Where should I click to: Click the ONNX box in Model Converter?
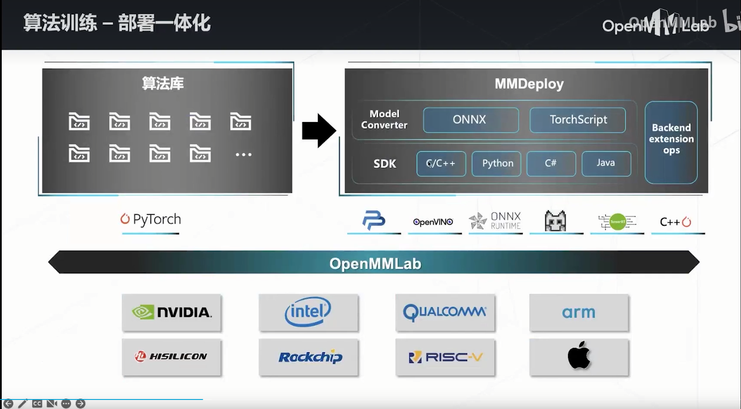point(470,120)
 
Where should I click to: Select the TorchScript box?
point(578,120)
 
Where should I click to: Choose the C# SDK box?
point(551,163)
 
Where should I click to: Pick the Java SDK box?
point(606,163)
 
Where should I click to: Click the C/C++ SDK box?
point(441,163)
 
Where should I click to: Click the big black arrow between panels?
point(318,131)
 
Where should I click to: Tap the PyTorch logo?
point(150,220)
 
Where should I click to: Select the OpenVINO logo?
point(433,222)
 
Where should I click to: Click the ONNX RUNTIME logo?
point(495,221)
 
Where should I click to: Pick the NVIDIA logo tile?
point(172,313)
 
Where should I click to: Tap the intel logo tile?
point(308,312)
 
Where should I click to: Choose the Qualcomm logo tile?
point(445,312)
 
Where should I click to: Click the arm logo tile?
point(578,312)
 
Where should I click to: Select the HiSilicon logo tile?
point(172,357)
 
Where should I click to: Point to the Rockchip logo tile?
point(308,357)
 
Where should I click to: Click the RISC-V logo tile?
point(445,357)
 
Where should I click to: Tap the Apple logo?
point(578,356)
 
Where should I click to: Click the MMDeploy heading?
point(529,84)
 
